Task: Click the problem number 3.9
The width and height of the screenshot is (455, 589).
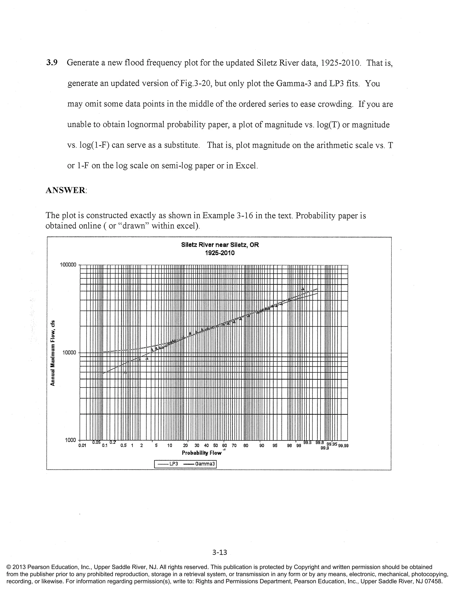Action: [52, 63]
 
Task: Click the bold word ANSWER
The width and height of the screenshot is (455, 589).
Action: [66, 190]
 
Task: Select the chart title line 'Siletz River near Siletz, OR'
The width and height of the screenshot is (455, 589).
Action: [220, 245]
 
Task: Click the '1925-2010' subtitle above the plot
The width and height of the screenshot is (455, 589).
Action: [220, 253]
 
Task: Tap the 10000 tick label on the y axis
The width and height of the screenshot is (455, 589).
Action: [69, 353]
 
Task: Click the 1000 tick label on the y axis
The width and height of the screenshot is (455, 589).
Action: [70, 440]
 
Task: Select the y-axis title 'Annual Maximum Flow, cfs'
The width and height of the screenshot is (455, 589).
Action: [53, 353]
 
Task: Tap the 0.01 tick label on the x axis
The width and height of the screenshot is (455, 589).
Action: [82, 446]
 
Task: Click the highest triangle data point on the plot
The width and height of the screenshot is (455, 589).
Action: [302, 289]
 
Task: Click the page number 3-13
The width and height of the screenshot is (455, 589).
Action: [220, 553]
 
